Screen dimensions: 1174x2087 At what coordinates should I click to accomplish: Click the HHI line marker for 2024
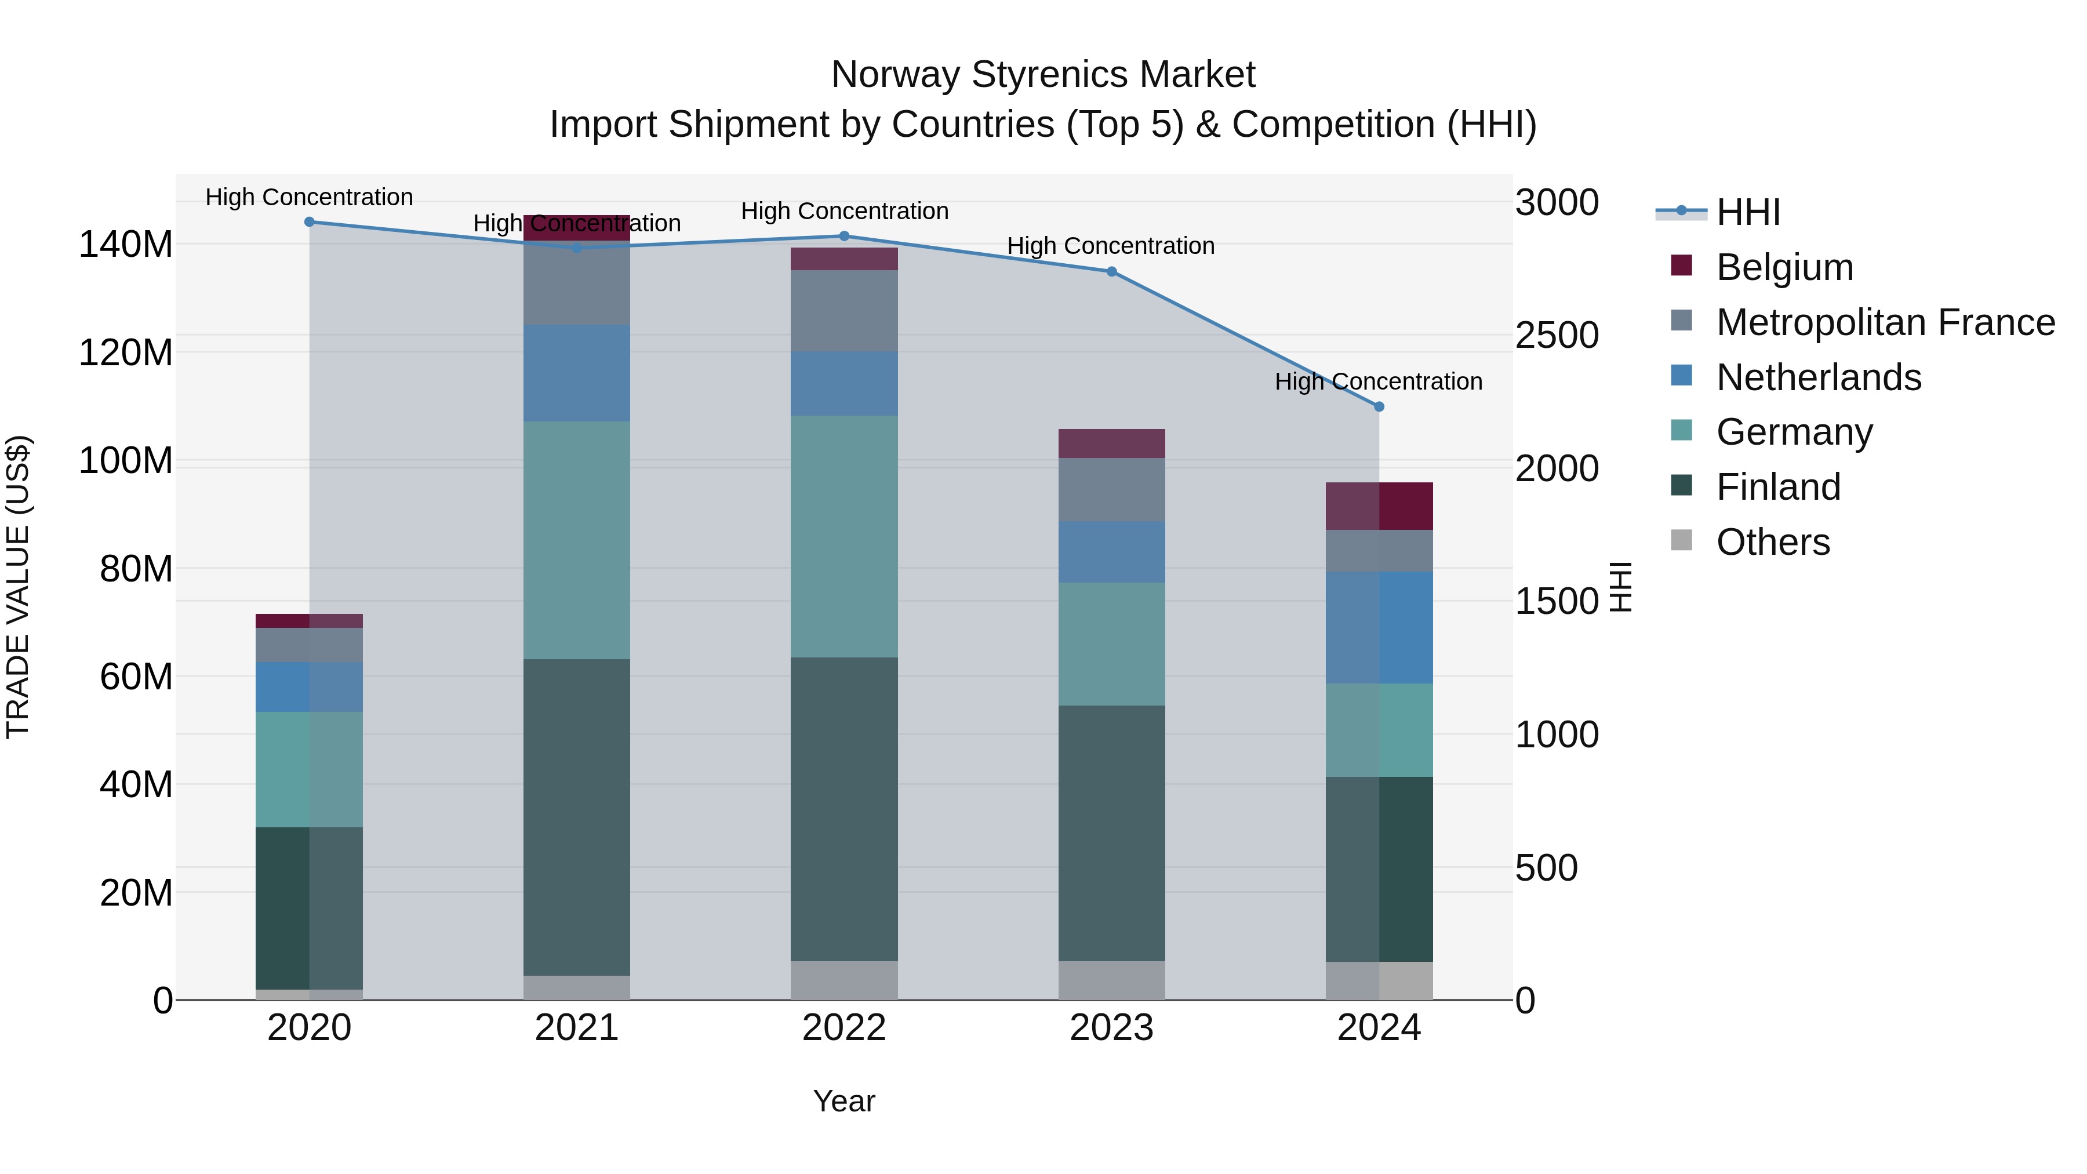[x=1379, y=407]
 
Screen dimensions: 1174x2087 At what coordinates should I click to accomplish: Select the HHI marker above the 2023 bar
[x=1111, y=271]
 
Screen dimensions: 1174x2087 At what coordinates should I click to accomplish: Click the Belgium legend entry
[x=1783, y=267]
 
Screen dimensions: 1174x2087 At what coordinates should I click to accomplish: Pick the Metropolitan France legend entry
[x=1885, y=322]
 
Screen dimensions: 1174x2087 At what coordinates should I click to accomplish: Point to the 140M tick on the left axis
[x=126, y=244]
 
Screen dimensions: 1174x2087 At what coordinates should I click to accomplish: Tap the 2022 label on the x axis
[x=843, y=1028]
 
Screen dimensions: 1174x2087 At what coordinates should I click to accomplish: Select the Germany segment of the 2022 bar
[x=843, y=536]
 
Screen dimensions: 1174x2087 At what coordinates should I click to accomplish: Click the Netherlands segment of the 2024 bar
[x=1379, y=627]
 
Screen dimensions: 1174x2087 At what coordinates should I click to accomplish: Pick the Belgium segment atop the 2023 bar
[x=1111, y=443]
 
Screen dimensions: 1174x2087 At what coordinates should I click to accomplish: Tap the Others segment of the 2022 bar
[x=843, y=980]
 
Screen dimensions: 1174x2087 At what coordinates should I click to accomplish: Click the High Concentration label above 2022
[x=843, y=210]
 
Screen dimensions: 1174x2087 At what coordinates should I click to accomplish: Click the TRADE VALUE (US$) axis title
[x=18, y=587]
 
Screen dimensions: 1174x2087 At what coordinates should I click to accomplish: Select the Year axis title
[x=843, y=1101]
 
